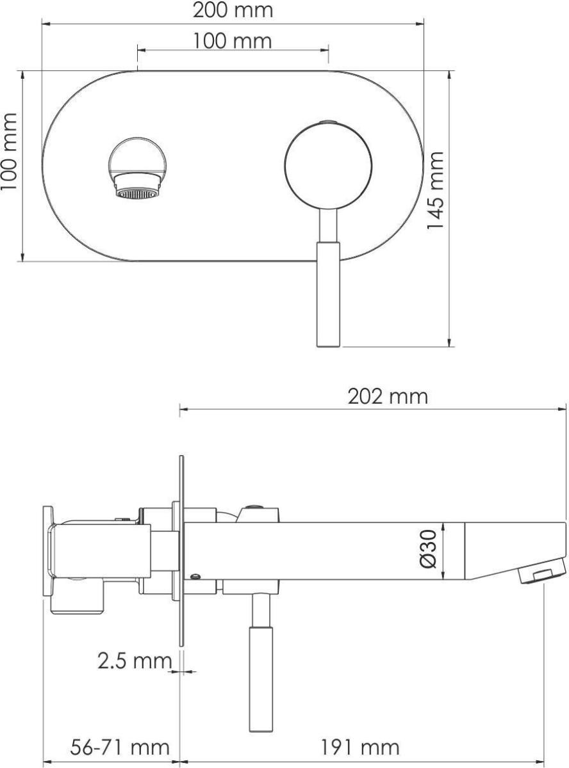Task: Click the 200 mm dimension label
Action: (233, 10)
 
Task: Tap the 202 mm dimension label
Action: (387, 397)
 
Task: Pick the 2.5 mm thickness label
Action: (135, 661)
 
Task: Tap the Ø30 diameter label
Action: (429, 549)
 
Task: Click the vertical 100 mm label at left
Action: (9, 151)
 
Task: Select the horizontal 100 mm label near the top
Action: (232, 41)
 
